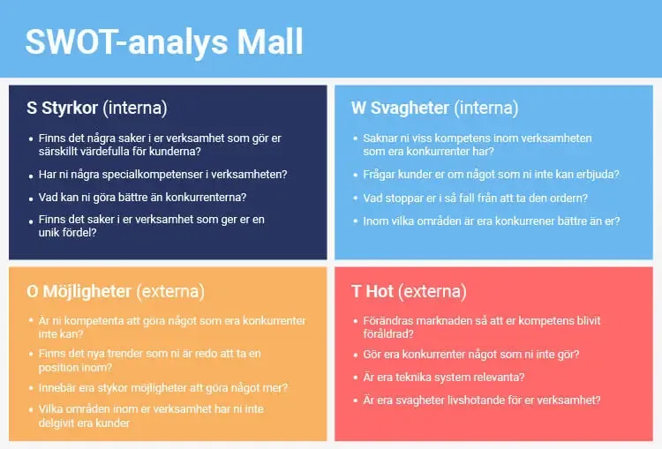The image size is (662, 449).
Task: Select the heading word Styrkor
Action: [x=70, y=109]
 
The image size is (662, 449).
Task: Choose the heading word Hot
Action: [x=380, y=291]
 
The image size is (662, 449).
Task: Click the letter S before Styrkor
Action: [x=32, y=109]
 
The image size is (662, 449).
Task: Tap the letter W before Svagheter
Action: [x=358, y=109]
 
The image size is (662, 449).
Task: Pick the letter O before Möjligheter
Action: [x=34, y=291]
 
